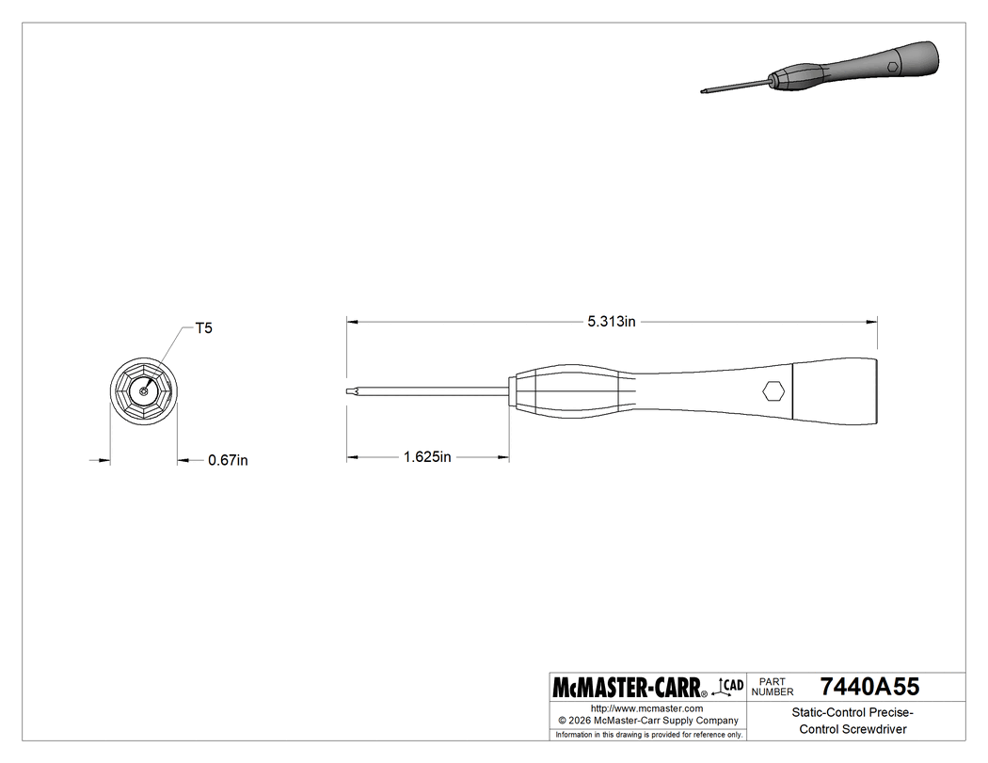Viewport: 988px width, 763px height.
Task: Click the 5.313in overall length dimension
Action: tap(612, 322)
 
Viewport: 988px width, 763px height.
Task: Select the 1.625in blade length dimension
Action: tap(427, 457)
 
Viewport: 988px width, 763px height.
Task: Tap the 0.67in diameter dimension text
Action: tap(228, 460)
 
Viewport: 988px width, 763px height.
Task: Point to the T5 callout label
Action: tap(203, 328)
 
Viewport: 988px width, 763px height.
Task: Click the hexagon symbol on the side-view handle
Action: tap(773, 390)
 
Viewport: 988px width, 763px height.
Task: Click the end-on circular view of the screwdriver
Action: tap(144, 391)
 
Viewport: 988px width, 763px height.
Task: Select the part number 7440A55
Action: tap(868, 686)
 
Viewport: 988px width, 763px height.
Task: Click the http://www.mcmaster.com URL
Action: tap(646, 707)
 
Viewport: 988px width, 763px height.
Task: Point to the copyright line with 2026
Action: tap(646, 720)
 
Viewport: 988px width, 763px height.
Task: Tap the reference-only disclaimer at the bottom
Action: tap(647, 734)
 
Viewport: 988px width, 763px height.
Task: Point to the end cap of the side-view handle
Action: tap(835, 389)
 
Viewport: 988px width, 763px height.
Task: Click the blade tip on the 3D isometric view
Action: tap(704, 90)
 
